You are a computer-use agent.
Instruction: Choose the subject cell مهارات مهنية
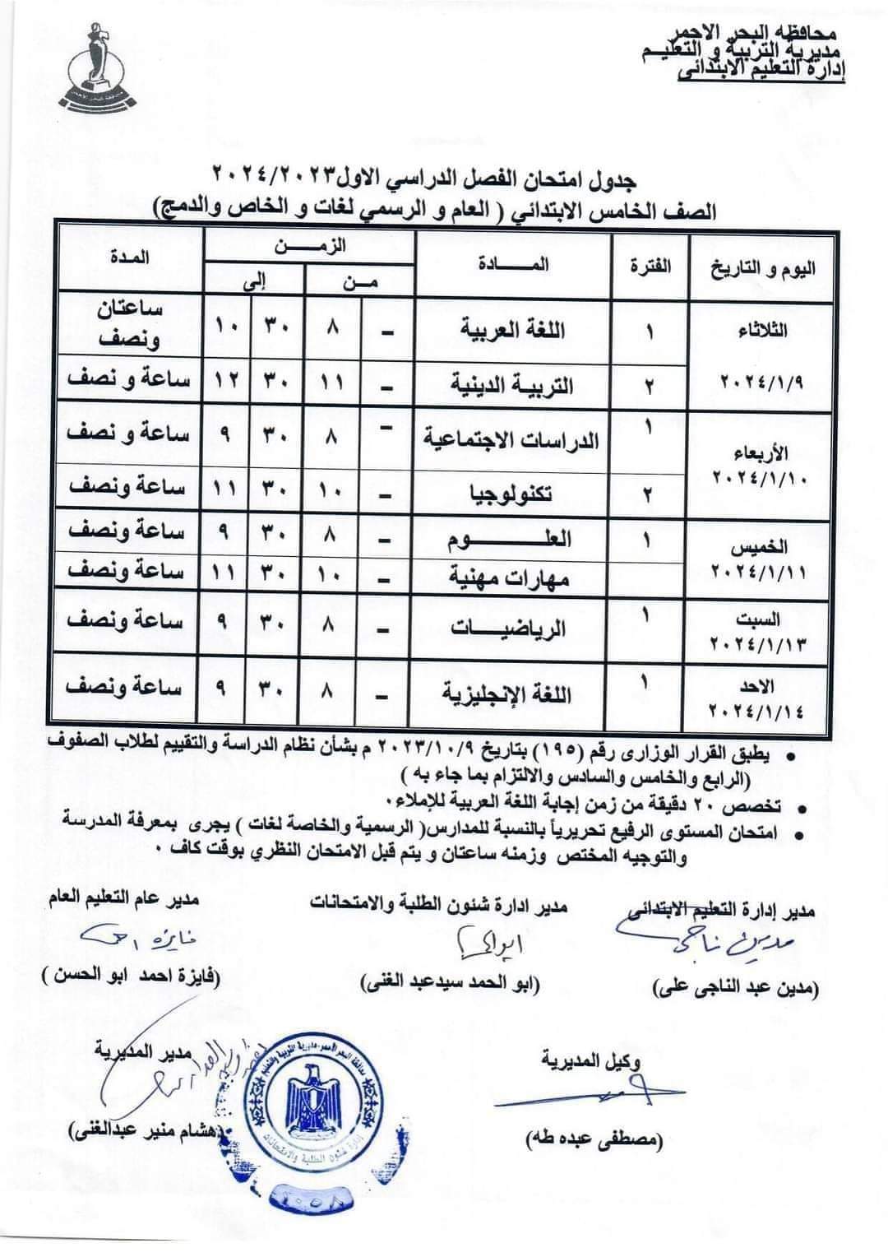tap(513, 577)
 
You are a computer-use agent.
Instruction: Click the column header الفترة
tap(649, 265)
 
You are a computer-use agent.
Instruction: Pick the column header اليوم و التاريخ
tap(764, 267)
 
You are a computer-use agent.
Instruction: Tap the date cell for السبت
tap(764, 631)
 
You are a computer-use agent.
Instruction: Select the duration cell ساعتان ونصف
tap(131, 325)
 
